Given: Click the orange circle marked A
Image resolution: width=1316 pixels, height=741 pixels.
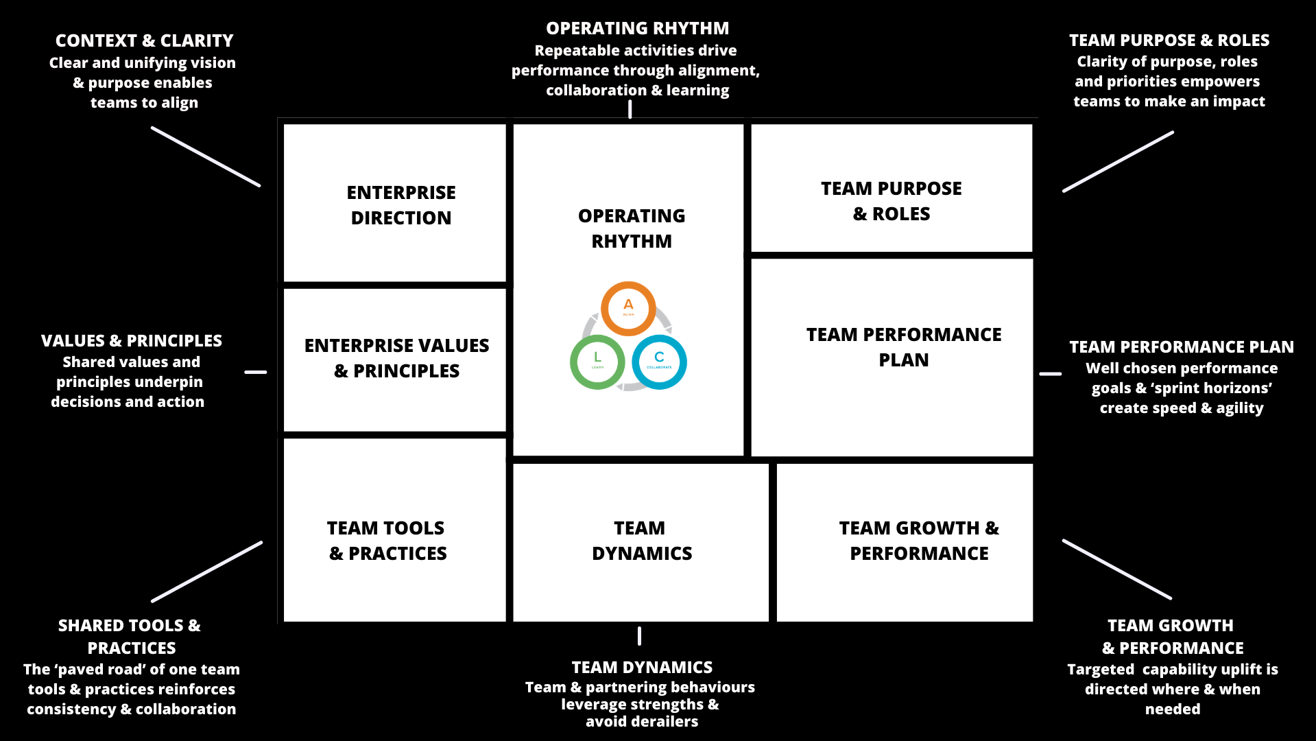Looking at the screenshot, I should [628, 308].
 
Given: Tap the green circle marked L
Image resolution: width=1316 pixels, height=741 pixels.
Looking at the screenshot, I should [597, 362].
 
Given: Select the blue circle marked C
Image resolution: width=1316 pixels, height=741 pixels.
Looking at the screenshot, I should [659, 362].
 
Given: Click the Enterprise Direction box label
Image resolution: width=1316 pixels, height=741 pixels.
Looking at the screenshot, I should [401, 205].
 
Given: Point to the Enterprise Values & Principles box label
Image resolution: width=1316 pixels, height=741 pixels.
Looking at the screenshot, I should [397, 358].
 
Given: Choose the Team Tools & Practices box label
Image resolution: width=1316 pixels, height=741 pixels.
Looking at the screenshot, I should [387, 541].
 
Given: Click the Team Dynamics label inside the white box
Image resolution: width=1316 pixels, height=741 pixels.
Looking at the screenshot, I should [641, 541].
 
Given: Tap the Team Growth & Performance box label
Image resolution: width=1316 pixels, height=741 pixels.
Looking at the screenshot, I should [919, 541].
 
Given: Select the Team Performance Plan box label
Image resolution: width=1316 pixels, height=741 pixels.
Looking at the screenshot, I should [903, 347].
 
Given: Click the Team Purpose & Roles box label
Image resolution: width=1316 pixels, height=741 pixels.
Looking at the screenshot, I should [892, 201].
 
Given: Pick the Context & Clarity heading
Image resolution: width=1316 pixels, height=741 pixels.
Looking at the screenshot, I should [144, 41].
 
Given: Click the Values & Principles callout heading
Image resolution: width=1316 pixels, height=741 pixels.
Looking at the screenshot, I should [132, 341].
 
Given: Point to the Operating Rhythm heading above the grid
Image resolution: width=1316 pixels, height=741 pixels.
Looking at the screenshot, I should [637, 29].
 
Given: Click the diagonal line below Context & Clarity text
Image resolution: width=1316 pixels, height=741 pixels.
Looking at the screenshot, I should [206, 156].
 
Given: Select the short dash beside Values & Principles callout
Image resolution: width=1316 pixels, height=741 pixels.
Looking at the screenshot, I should [256, 372].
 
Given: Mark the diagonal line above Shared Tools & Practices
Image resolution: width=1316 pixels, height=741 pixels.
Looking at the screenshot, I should [206, 572].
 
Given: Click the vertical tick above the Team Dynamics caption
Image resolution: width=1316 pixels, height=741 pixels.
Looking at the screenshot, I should [639, 636].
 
